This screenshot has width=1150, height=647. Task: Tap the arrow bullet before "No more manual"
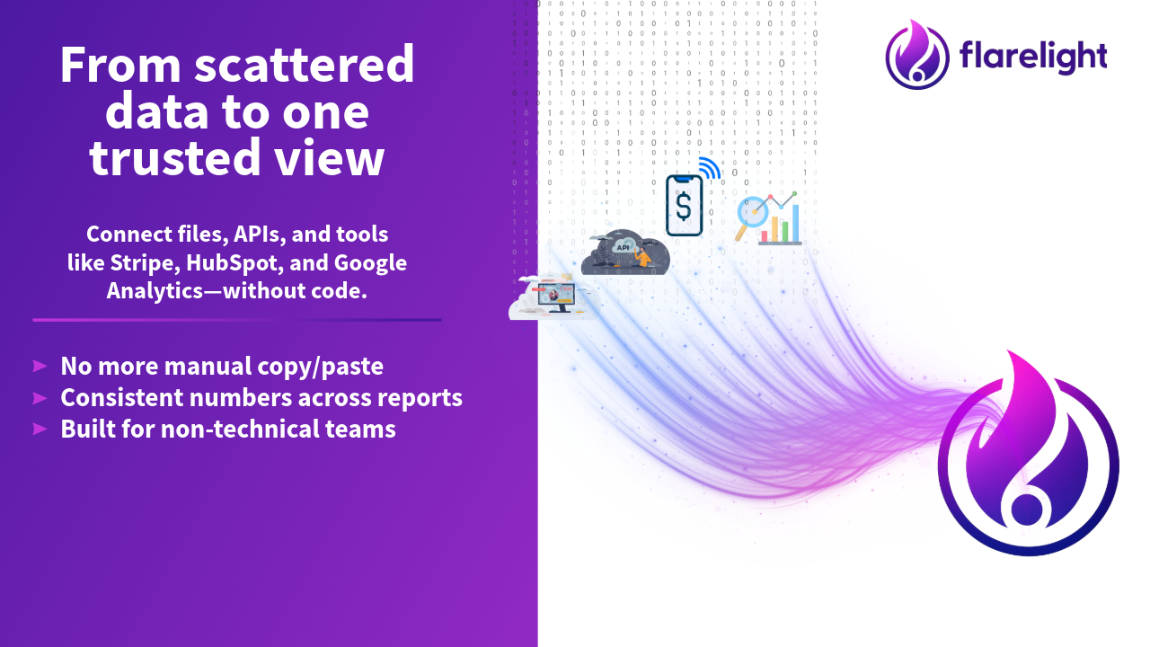click(40, 366)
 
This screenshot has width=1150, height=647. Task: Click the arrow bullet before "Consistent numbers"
click(40, 397)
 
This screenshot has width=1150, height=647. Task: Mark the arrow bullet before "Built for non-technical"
click(40, 429)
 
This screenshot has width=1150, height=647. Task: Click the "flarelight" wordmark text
click(1032, 57)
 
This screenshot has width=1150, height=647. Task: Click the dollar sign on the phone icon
click(684, 207)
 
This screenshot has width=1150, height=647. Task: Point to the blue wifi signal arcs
click(710, 168)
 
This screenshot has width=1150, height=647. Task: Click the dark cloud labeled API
click(625, 254)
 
